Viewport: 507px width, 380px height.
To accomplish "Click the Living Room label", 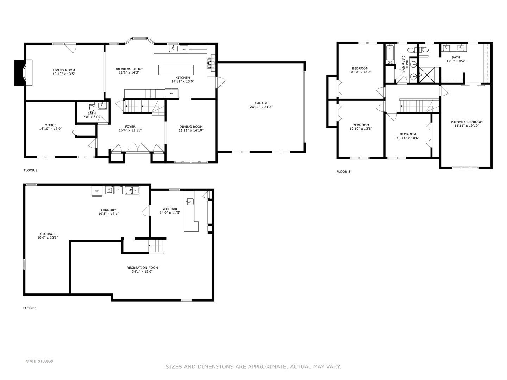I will [x=64, y=70].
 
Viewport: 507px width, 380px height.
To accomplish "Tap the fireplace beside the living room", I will [x=23, y=72].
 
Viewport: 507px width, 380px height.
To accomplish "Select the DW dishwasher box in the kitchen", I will [x=184, y=50].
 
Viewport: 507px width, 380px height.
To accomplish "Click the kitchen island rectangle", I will [x=176, y=70].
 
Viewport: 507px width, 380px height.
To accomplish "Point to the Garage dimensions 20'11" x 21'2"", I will [x=261, y=107].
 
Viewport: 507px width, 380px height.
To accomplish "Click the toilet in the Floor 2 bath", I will [x=92, y=106].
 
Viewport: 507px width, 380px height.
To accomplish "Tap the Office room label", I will [x=50, y=125].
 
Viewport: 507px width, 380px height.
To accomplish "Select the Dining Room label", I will [x=191, y=127].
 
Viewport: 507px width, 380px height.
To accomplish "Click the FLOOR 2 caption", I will [x=31, y=170].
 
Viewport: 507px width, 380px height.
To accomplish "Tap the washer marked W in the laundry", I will [x=109, y=190].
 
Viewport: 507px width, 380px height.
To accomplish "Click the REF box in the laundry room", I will [x=97, y=191].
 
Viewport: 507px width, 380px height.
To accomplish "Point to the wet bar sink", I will [x=190, y=202].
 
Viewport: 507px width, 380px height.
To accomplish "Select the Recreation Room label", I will [x=142, y=268].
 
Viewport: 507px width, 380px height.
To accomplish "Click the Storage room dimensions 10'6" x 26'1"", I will [x=48, y=237].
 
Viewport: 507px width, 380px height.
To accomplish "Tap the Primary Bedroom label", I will [x=467, y=122].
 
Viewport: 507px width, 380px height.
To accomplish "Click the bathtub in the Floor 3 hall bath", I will [x=389, y=53].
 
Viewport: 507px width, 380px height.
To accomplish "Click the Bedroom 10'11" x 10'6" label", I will [x=408, y=134].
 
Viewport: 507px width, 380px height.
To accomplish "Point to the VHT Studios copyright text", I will [x=39, y=361].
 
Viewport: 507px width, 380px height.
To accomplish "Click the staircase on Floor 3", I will [x=415, y=105].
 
